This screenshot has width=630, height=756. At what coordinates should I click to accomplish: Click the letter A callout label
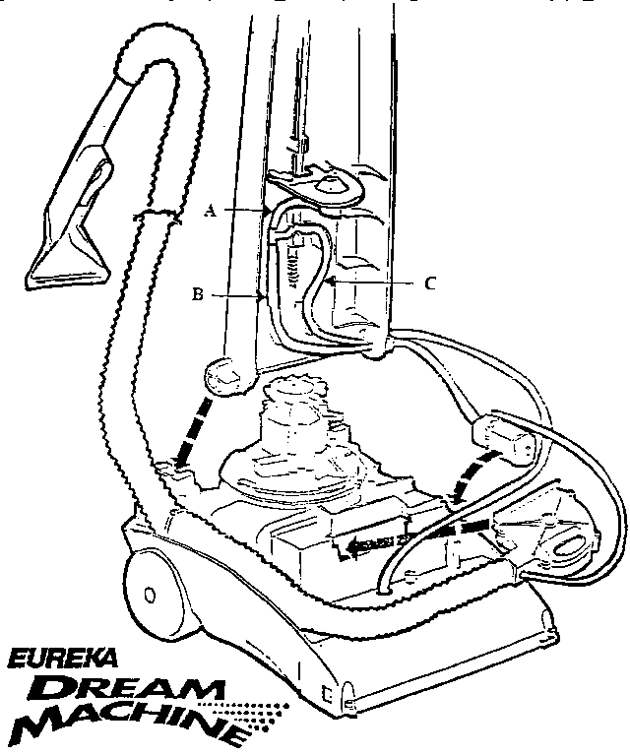click(x=210, y=211)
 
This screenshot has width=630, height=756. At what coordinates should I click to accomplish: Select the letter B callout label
click(x=198, y=294)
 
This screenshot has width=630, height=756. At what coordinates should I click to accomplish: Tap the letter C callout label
click(x=430, y=283)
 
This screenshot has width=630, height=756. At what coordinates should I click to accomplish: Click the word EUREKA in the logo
click(x=62, y=659)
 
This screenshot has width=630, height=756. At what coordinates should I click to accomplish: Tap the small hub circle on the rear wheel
click(x=150, y=596)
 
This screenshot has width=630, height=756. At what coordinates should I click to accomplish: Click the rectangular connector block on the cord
click(x=503, y=440)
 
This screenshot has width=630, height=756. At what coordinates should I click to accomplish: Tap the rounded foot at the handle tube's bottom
click(x=226, y=376)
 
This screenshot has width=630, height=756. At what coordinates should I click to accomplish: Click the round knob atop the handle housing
click(x=328, y=182)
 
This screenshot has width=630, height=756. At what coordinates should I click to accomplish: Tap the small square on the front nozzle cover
click(x=328, y=694)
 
